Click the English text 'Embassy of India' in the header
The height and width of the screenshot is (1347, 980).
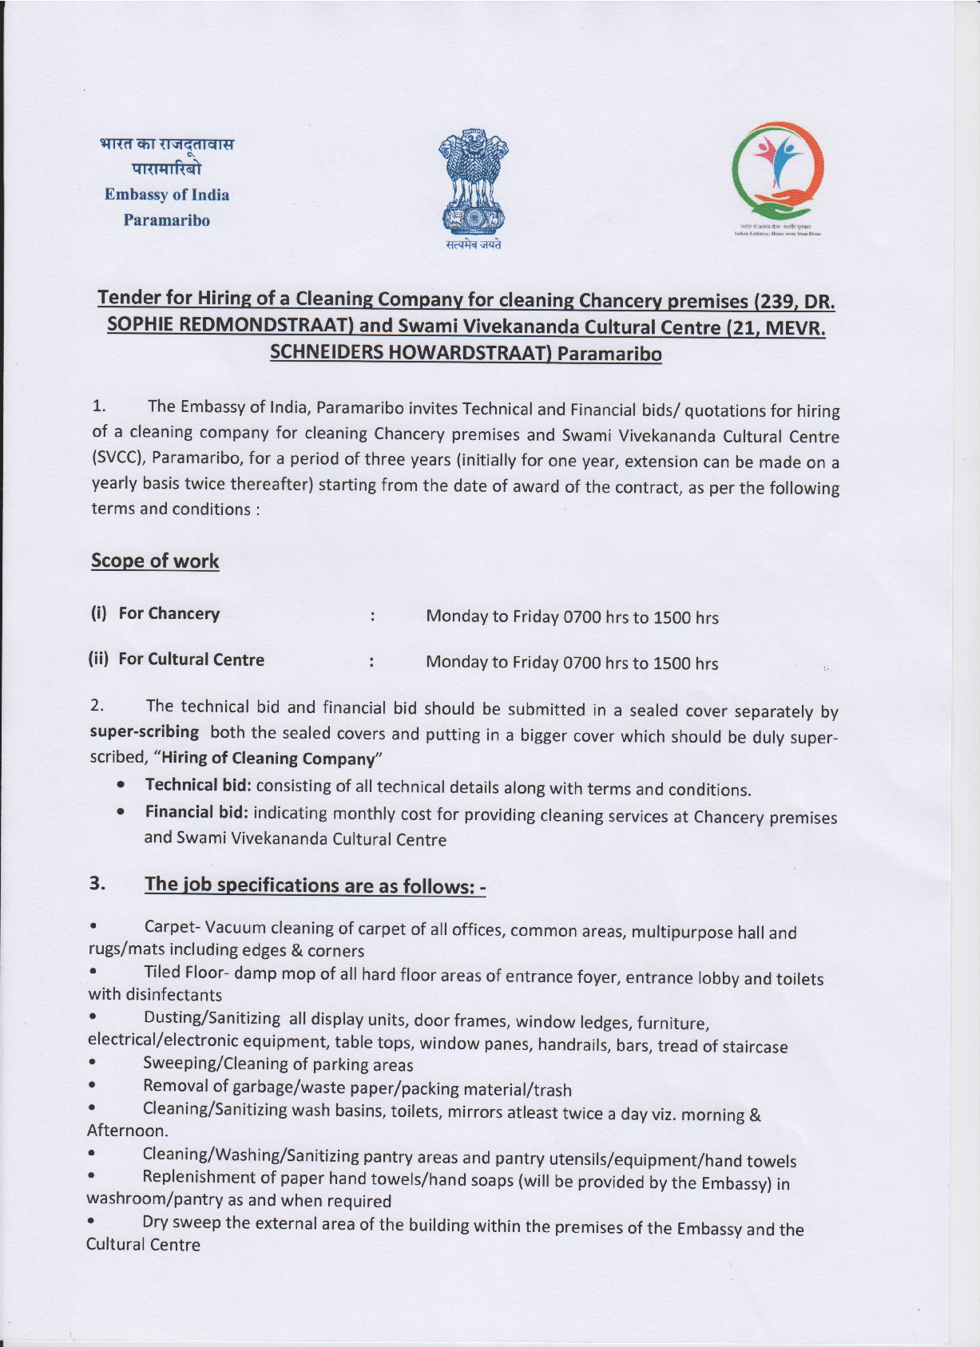pyautogui.click(x=167, y=195)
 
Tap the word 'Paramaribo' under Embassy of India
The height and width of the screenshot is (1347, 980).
pyautogui.click(x=166, y=220)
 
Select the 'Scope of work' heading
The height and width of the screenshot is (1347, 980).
pyautogui.click(x=155, y=561)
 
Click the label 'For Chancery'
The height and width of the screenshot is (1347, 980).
pyautogui.click(x=169, y=613)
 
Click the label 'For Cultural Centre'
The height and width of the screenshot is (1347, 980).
pyautogui.click(x=191, y=660)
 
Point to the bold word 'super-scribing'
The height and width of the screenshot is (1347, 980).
pyautogui.click(x=145, y=731)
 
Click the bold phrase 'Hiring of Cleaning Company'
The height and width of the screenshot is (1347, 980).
pyautogui.click(x=268, y=758)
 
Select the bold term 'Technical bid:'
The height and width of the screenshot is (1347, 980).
pyautogui.click(x=198, y=785)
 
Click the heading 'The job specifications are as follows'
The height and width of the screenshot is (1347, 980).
pyautogui.click(x=315, y=885)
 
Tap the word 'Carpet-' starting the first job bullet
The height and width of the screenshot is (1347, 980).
pyautogui.click(x=172, y=927)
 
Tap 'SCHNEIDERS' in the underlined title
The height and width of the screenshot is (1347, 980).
pyautogui.click(x=326, y=353)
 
